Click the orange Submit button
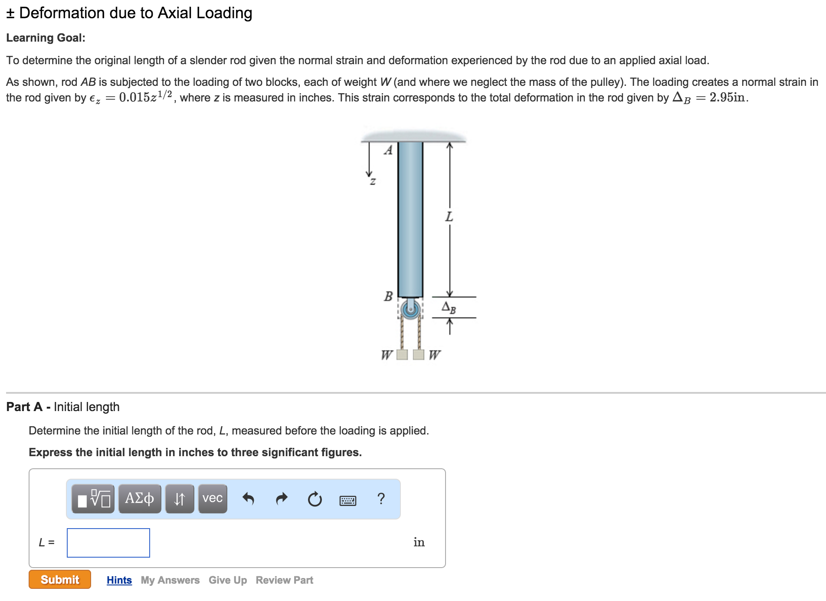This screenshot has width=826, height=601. point(60,579)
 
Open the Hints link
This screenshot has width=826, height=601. point(119,580)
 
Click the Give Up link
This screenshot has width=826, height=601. point(227,580)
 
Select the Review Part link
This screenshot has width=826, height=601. point(284,580)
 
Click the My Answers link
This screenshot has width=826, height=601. point(170,580)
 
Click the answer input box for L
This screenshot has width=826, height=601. point(108,542)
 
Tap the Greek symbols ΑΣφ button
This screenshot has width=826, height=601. point(139,499)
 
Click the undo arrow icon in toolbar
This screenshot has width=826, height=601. point(248,499)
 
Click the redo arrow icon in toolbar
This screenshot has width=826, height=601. point(282,499)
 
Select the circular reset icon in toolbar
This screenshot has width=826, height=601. point(315,499)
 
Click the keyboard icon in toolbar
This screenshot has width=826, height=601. point(347,501)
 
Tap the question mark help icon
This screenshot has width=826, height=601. point(381,499)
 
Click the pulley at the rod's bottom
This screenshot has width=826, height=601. point(410,309)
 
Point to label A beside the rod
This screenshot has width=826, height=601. point(388,150)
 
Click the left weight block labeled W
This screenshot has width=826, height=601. point(402,355)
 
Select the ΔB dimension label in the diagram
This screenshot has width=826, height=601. point(449,307)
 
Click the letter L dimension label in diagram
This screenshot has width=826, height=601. point(449,216)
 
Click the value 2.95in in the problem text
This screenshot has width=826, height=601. point(728,97)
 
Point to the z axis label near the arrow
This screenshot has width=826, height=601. point(373,182)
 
